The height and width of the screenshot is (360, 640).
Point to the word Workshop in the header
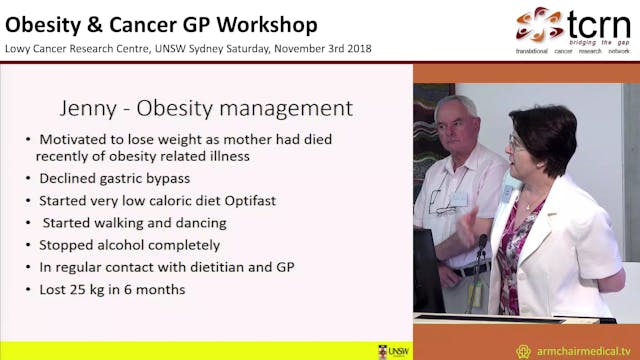pyautogui.click(x=266, y=24)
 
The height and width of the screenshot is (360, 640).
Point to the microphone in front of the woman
pyautogui.click(x=482, y=245)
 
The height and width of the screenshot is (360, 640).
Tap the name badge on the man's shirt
pyautogui.click(x=458, y=199)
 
